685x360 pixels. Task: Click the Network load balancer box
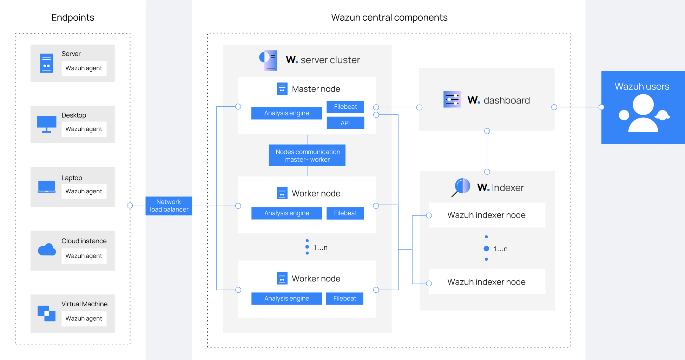(x=169, y=206)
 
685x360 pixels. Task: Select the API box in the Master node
(x=345, y=123)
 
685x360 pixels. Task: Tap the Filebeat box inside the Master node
(x=345, y=107)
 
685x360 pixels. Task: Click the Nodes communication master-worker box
(x=307, y=155)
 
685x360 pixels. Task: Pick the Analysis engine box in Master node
(x=286, y=113)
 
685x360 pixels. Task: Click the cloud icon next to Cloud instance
(x=47, y=250)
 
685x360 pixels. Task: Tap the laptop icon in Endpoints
(x=47, y=187)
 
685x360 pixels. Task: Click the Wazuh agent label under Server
(x=84, y=68)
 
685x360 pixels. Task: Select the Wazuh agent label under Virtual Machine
(x=84, y=319)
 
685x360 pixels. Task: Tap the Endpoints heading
(x=73, y=18)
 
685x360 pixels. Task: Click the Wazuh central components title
(x=389, y=18)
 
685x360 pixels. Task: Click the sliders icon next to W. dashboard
(x=452, y=100)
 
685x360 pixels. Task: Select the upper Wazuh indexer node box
(x=487, y=215)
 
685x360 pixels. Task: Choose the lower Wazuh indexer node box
(x=487, y=282)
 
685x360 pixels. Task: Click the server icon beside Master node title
(x=282, y=89)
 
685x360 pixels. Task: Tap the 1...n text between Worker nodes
(x=320, y=247)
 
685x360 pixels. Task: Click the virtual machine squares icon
(x=47, y=313)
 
